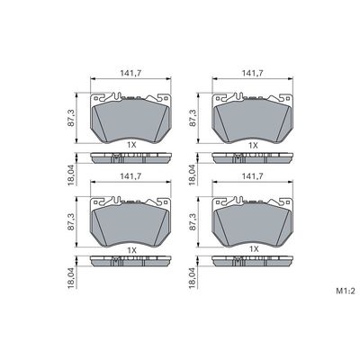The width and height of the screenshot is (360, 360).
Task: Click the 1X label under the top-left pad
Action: click(132, 145)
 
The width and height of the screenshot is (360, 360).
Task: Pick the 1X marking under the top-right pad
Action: click(253, 145)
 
